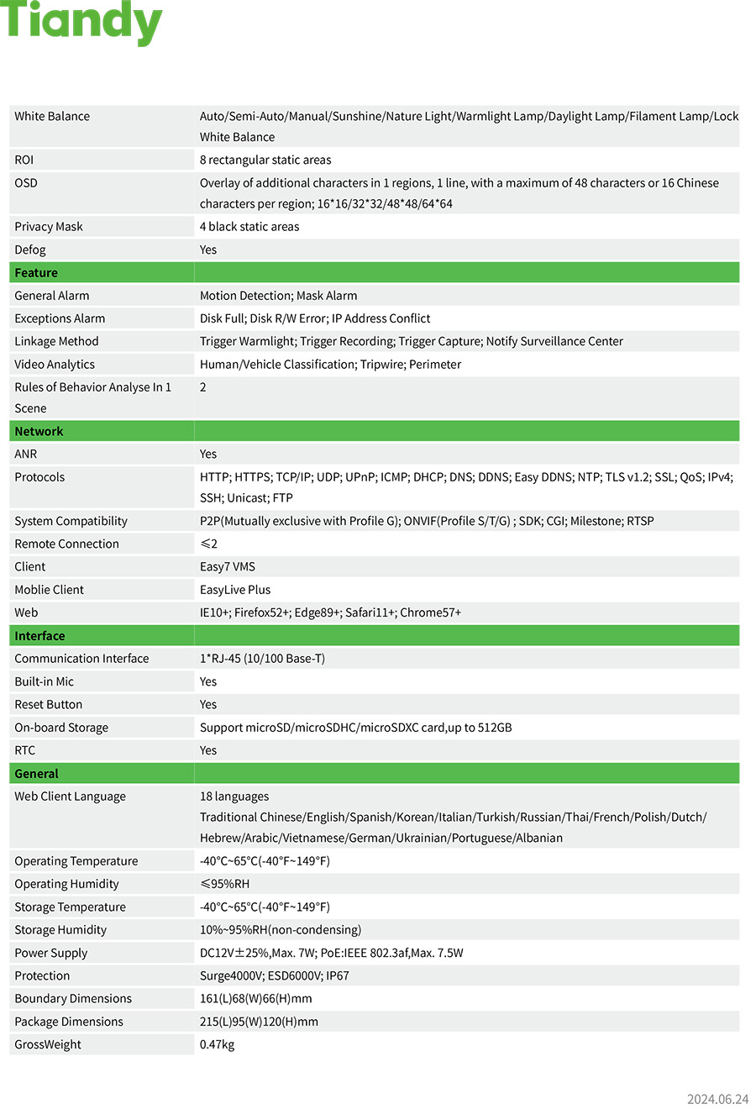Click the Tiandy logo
point(81,23)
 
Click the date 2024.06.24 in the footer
point(717,1099)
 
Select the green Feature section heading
point(36,273)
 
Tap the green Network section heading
point(39,431)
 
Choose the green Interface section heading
point(39,636)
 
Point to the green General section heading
point(36,774)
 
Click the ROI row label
point(24,160)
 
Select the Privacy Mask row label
point(49,227)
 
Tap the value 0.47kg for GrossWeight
point(217,1044)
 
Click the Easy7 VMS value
point(228,567)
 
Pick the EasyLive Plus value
point(235,590)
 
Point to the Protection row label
point(42,975)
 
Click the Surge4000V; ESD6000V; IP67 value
point(275,975)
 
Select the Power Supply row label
point(50,953)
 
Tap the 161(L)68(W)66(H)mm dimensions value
point(256,999)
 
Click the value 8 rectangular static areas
point(265,160)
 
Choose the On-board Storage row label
point(61,728)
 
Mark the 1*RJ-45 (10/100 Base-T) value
point(262,659)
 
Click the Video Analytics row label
point(55,365)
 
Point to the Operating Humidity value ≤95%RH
point(224,884)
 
